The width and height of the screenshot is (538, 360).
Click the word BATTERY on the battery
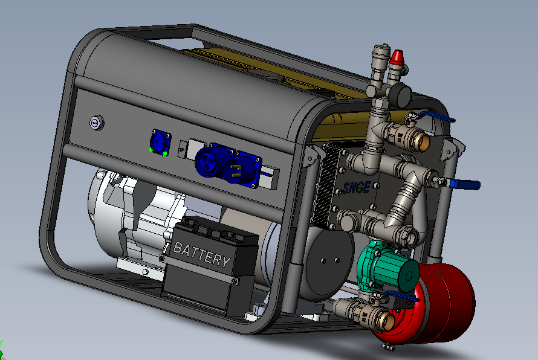point(201,254)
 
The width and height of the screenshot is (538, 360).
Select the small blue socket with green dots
point(158,143)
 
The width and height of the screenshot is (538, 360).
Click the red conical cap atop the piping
point(397,58)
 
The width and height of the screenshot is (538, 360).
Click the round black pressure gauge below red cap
point(400,94)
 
